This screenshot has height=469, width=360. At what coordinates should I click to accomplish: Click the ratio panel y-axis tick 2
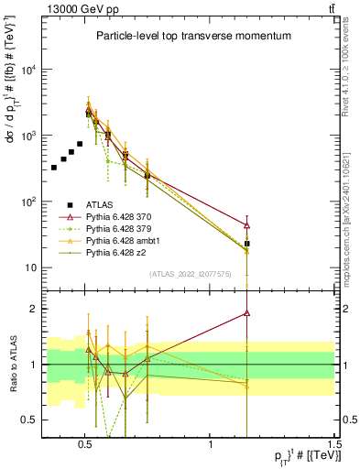click(x=36, y=309)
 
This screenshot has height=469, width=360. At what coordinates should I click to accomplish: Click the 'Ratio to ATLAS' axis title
click(x=13, y=364)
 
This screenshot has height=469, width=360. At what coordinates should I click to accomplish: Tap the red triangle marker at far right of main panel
click(x=247, y=224)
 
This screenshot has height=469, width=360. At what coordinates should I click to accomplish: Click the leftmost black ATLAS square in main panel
click(x=54, y=168)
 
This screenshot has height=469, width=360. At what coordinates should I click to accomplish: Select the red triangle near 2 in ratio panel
click(x=247, y=312)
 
